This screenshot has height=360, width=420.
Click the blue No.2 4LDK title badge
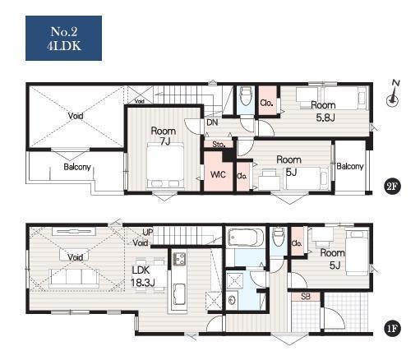(x=63, y=38)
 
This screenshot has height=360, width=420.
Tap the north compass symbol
(x=393, y=93)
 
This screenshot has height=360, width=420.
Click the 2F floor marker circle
(x=392, y=187)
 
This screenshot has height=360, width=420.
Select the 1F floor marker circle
(x=392, y=329)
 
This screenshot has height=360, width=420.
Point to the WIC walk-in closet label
(x=218, y=174)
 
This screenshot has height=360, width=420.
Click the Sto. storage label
(x=219, y=144)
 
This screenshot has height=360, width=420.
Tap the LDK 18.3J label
(x=142, y=276)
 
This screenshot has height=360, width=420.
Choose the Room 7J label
(x=164, y=136)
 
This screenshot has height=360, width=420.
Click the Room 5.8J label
(x=324, y=111)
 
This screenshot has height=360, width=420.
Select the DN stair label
(x=212, y=122)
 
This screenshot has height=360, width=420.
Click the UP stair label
(x=147, y=233)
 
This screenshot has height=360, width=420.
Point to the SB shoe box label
(x=306, y=297)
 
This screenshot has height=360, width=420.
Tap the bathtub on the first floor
(x=246, y=238)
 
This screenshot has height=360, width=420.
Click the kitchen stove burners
(x=179, y=259)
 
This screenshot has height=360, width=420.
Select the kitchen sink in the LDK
(x=180, y=294)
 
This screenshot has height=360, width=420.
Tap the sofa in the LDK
(x=74, y=278)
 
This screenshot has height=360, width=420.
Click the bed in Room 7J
(x=165, y=166)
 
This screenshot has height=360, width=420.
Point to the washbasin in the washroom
(x=233, y=300)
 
